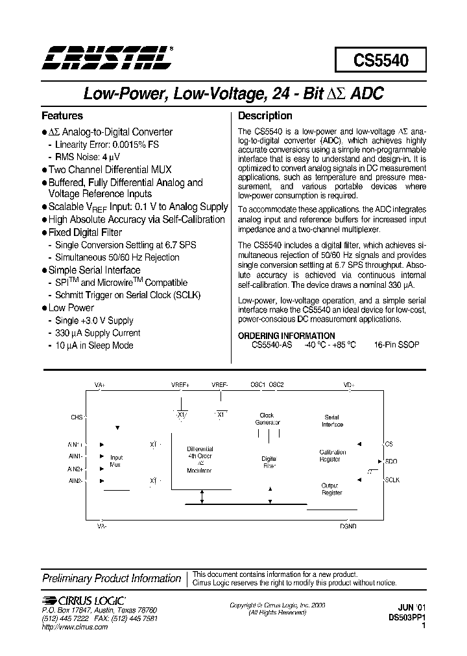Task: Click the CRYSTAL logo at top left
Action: pyautogui.click(x=106, y=58)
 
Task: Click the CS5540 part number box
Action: pyautogui.click(x=381, y=60)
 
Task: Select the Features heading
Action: pyautogui.click(x=62, y=116)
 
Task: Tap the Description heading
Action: pyautogui.click(x=265, y=116)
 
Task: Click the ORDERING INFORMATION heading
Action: pyautogui.click(x=287, y=336)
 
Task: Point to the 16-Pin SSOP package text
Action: pyautogui.click(x=397, y=345)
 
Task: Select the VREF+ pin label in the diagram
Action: pyautogui.click(x=180, y=385)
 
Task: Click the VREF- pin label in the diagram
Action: pyautogui.click(x=220, y=385)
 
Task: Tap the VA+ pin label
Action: pyautogui.click(x=100, y=385)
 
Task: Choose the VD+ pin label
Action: pyautogui.click(x=349, y=385)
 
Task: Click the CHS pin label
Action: pyautogui.click(x=77, y=417)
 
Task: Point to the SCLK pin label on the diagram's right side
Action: pyautogui.click(x=393, y=480)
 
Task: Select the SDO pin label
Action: pyautogui.click(x=391, y=462)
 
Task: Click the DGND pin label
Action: pyautogui.click(x=349, y=526)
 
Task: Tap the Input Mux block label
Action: pyautogui.click(x=116, y=461)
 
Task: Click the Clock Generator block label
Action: pyautogui.click(x=267, y=419)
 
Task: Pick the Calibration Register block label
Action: pyautogui.click(x=332, y=456)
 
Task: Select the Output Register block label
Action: pyautogui.click(x=331, y=489)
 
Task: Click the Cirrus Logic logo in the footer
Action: pyautogui.click(x=83, y=601)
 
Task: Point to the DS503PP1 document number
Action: pyautogui.click(x=405, y=618)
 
